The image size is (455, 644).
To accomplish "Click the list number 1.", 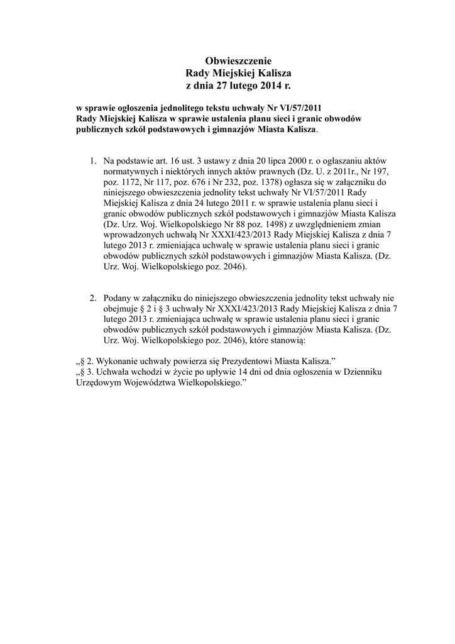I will point(92,159).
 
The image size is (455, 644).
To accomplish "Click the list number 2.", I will point(92,297).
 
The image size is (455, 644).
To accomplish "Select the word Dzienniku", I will point(360,372).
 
